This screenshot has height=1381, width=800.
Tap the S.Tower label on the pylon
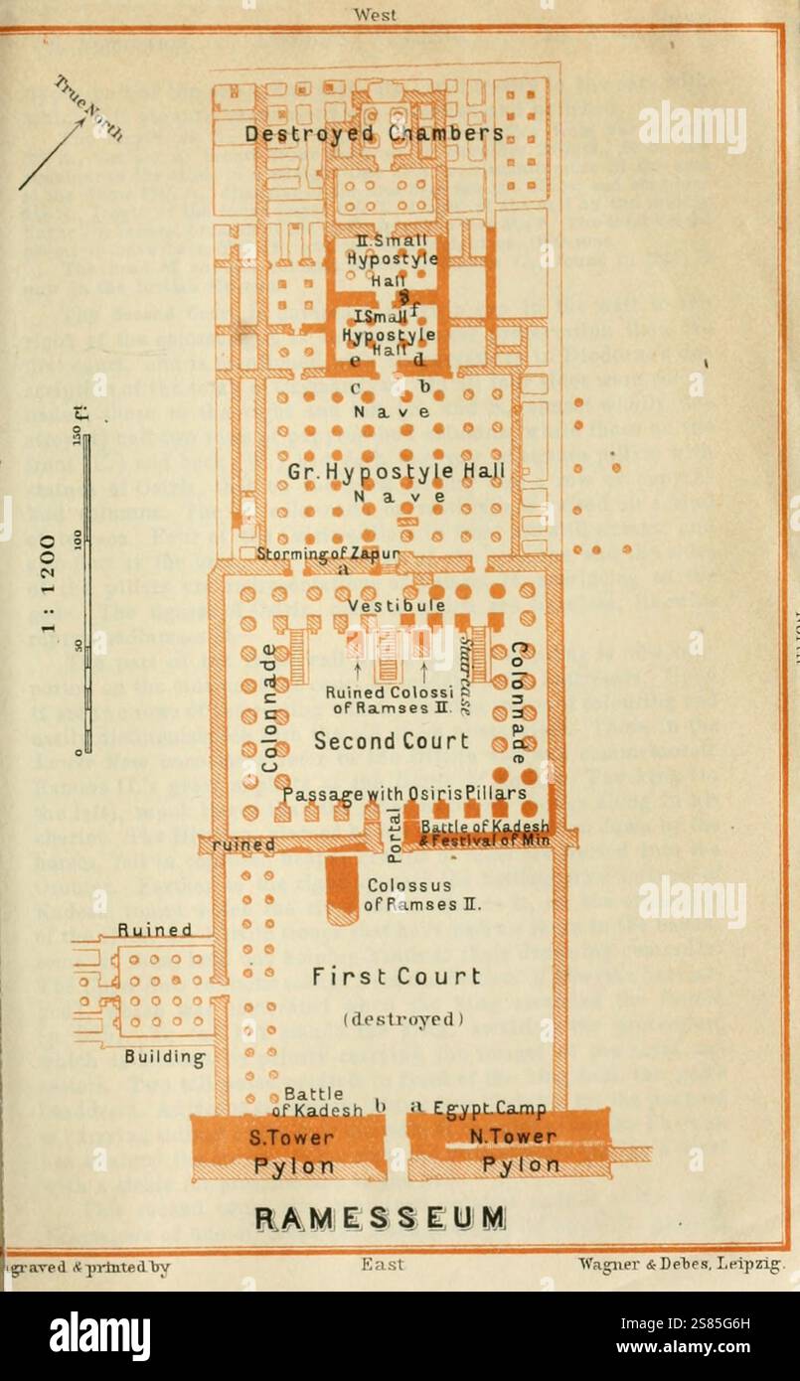(x=292, y=1138)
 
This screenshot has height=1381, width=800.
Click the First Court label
(x=397, y=977)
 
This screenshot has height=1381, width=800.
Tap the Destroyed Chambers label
(x=375, y=133)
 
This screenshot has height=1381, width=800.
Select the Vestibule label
(x=396, y=605)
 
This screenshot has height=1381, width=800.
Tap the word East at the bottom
(x=382, y=1265)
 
